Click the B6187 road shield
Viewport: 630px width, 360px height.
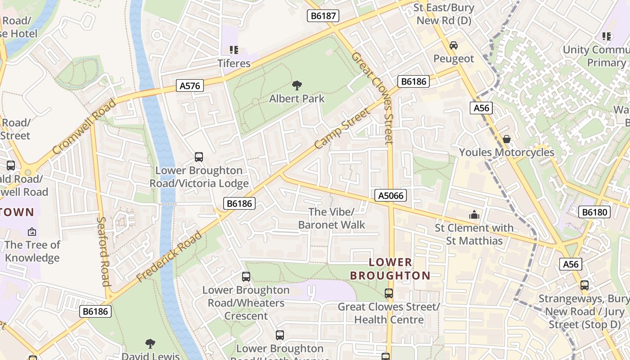(x=323, y=16)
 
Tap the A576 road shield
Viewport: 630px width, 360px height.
(x=190, y=85)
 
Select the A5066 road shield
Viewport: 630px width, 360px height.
(x=391, y=195)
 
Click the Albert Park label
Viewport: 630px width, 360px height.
(x=297, y=99)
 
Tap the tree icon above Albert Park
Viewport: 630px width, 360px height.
(x=297, y=85)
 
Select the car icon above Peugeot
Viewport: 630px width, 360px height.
(x=453, y=45)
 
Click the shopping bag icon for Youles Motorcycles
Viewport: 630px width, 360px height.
(x=506, y=139)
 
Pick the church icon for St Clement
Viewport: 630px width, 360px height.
(x=474, y=215)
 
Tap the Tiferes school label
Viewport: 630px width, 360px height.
(x=234, y=63)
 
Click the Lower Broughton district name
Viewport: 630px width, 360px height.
(x=390, y=269)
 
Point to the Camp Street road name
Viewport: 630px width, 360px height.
(x=342, y=128)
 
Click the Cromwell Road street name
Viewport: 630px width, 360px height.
(x=84, y=126)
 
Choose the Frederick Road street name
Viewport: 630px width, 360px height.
(x=169, y=256)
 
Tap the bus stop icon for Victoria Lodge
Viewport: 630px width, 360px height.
(x=198, y=157)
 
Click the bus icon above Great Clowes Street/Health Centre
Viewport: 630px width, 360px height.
(x=389, y=293)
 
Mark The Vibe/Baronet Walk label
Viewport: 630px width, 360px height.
(x=332, y=218)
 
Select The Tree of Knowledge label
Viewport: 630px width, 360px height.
(x=32, y=251)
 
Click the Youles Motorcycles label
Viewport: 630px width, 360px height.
(x=506, y=152)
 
